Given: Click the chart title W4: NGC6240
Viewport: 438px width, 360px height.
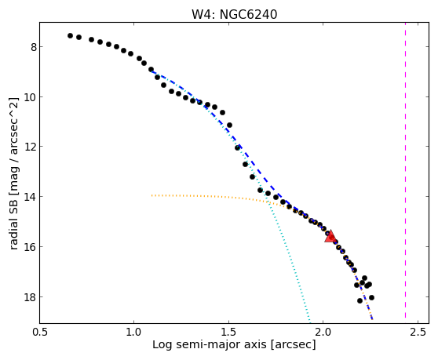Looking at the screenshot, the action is click(234, 14).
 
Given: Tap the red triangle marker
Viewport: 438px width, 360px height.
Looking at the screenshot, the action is click(330, 236).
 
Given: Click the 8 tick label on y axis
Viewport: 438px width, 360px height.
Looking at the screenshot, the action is click(34, 47).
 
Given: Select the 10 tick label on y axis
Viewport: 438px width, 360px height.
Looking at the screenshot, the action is click(31, 97).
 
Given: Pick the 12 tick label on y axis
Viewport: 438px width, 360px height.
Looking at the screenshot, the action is click(31, 147).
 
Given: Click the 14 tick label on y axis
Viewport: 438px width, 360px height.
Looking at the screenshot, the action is click(31, 197).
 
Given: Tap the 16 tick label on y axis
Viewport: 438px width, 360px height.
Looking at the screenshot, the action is click(31, 247).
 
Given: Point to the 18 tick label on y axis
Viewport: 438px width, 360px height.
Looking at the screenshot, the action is click(31, 297).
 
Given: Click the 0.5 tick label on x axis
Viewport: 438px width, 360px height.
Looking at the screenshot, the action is click(40, 333).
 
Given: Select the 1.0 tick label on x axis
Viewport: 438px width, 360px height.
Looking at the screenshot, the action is click(134, 333).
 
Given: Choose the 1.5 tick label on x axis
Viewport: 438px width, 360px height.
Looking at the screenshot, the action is click(228, 333).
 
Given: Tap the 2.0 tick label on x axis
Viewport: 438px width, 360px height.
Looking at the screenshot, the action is click(323, 333).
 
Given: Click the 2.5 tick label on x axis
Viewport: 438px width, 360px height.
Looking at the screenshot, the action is click(418, 333).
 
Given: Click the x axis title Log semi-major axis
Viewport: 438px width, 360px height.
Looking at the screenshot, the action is click(210, 344).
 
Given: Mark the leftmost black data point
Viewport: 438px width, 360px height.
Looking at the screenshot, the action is click(70, 36).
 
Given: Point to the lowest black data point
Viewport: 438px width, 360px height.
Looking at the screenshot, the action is click(360, 301).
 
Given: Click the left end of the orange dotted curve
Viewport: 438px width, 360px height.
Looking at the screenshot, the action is click(151, 195).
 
